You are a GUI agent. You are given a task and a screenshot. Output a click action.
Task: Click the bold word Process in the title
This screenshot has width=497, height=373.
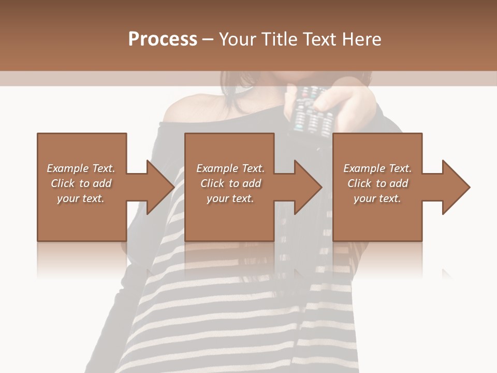(x=163, y=39)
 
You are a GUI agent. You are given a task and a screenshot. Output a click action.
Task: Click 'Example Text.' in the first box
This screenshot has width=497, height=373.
(x=81, y=168)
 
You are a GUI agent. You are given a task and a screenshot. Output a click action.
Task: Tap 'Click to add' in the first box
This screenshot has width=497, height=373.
(x=81, y=183)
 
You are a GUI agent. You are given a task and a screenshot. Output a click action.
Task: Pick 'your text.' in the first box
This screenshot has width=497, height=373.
(x=81, y=198)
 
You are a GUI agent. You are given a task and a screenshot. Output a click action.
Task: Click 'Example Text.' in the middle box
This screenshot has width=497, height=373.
(x=230, y=168)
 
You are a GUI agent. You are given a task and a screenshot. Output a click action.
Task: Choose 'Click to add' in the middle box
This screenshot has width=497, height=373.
(x=230, y=183)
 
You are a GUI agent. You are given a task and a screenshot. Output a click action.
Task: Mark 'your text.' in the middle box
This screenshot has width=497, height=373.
(x=230, y=198)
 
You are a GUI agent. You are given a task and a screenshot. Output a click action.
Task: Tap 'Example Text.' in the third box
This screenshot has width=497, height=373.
(x=377, y=168)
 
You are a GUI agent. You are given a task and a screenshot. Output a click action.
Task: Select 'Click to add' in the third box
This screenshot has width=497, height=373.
(x=377, y=183)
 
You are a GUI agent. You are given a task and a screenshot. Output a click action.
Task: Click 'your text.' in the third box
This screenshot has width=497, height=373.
(x=377, y=198)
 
